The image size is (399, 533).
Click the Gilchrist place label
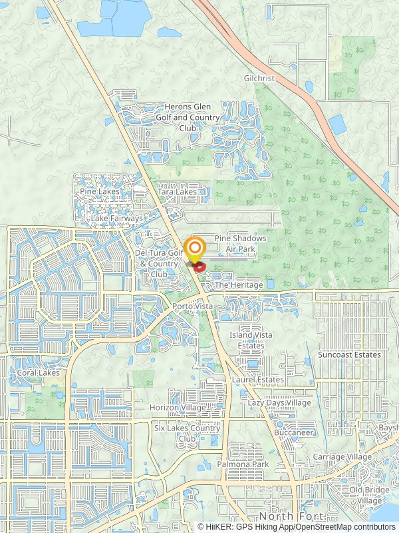[258, 78]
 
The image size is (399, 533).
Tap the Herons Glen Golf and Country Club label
[188, 117]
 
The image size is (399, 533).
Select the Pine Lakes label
[98, 191]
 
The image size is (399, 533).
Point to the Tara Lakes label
[177, 192]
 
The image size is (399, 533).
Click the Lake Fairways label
[117, 219]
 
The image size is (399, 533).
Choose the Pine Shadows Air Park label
[240, 243]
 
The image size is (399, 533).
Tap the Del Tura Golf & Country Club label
[158, 263]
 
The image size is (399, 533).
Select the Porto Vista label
[192, 306]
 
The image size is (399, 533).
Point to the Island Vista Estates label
[251, 340]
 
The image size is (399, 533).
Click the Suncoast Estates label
[349, 354]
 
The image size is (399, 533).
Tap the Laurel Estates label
[258, 380]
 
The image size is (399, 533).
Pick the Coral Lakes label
[39, 372]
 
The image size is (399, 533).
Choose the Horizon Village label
[178, 407]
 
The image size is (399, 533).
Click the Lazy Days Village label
[279, 403]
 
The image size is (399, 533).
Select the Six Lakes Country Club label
[187, 433]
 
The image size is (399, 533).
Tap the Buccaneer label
[294, 432]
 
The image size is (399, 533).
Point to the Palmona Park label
[243, 464]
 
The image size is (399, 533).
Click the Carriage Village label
[342, 456]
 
